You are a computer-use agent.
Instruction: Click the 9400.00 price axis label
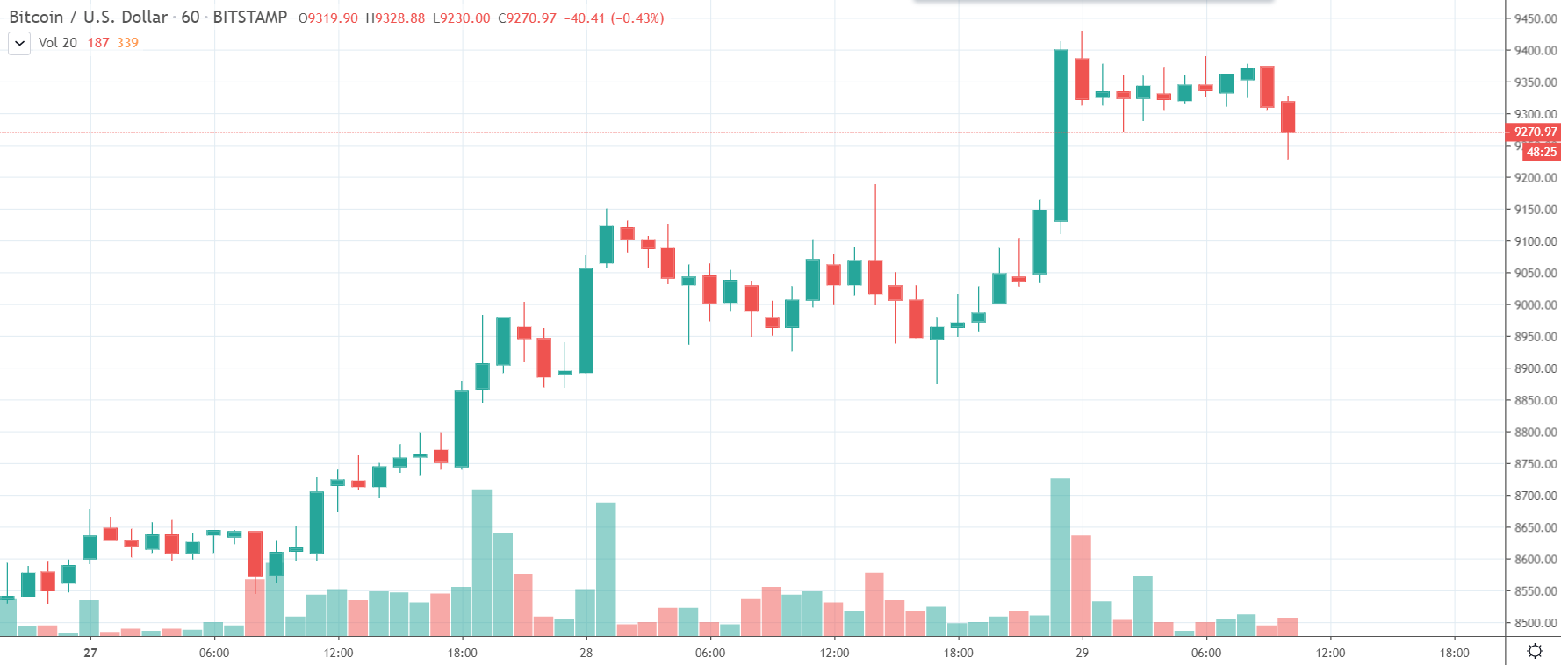tap(1536, 51)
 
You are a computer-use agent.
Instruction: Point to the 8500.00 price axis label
tap(1536, 623)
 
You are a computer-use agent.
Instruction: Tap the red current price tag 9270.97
tap(1535, 132)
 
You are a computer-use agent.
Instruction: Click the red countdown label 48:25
tap(1541, 152)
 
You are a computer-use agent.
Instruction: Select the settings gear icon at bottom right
tap(1535, 651)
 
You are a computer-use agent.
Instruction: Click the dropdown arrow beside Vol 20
tap(19, 43)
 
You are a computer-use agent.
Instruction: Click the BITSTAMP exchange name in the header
tap(249, 18)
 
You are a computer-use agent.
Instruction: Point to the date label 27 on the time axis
tap(90, 653)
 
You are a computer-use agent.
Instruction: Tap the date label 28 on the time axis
tap(586, 653)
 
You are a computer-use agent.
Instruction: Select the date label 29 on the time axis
tap(1082, 653)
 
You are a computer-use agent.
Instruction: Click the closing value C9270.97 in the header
tap(527, 18)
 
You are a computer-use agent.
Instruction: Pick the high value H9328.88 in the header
tap(395, 18)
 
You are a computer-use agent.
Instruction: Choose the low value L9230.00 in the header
tap(461, 18)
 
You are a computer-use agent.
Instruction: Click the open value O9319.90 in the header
tap(327, 18)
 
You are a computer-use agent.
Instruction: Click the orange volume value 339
tap(127, 43)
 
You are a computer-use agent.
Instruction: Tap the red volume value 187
tap(98, 43)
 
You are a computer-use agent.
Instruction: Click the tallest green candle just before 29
tap(1061, 135)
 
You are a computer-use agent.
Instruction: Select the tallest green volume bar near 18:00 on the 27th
tap(482, 561)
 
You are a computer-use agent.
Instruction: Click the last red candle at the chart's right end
tap(1288, 117)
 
